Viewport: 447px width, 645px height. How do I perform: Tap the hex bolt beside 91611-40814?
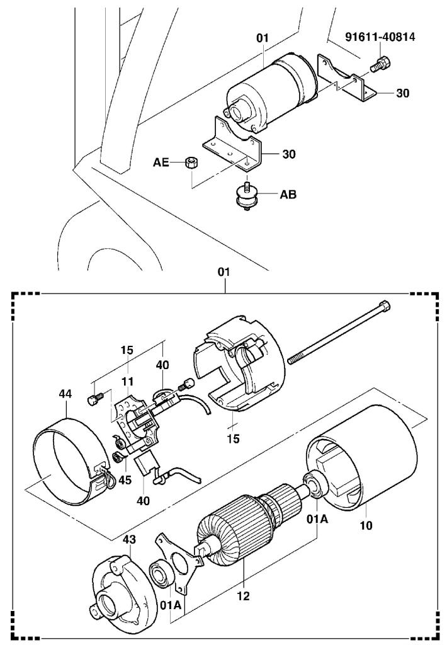point(381,63)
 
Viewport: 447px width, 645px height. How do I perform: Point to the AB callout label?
point(288,195)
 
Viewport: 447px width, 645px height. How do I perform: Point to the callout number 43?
point(128,540)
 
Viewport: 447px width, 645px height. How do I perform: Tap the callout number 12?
point(242,595)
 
